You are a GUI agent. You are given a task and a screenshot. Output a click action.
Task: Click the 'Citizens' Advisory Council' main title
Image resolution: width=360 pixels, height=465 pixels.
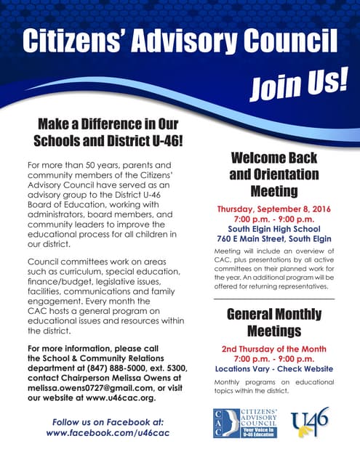[x=180, y=42]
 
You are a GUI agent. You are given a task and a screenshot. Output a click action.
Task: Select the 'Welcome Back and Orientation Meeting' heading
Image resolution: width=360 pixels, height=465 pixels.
[x=274, y=174]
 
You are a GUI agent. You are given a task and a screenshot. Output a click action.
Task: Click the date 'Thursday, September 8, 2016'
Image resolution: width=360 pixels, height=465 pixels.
[x=274, y=209]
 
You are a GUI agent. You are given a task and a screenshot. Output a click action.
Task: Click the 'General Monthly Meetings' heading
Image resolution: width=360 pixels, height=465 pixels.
[x=274, y=323]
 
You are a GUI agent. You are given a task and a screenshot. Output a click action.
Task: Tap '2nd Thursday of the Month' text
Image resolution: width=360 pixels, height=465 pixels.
[x=274, y=349]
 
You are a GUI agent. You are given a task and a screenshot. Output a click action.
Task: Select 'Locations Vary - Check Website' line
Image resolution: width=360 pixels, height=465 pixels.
[x=274, y=368]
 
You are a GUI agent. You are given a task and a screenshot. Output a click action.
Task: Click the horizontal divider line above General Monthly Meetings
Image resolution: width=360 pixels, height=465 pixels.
[x=274, y=299]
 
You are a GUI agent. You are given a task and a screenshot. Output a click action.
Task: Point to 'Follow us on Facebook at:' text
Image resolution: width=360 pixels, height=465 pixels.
[x=107, y=421]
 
